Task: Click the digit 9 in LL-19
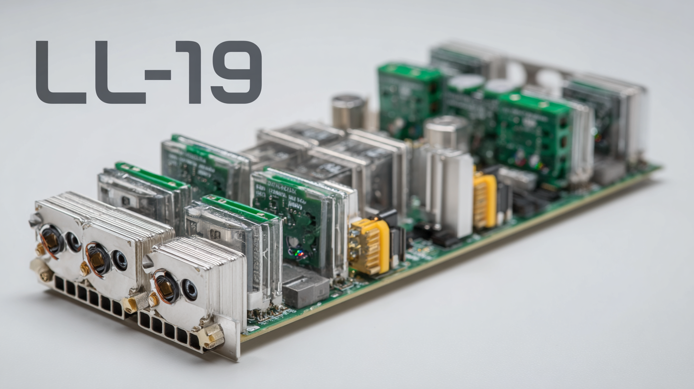236,72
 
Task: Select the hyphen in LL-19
158,74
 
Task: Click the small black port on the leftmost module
73,242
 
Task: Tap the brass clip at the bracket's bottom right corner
213,336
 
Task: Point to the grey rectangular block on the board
305,286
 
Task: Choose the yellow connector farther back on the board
485,200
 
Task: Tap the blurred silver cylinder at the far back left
349,112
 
